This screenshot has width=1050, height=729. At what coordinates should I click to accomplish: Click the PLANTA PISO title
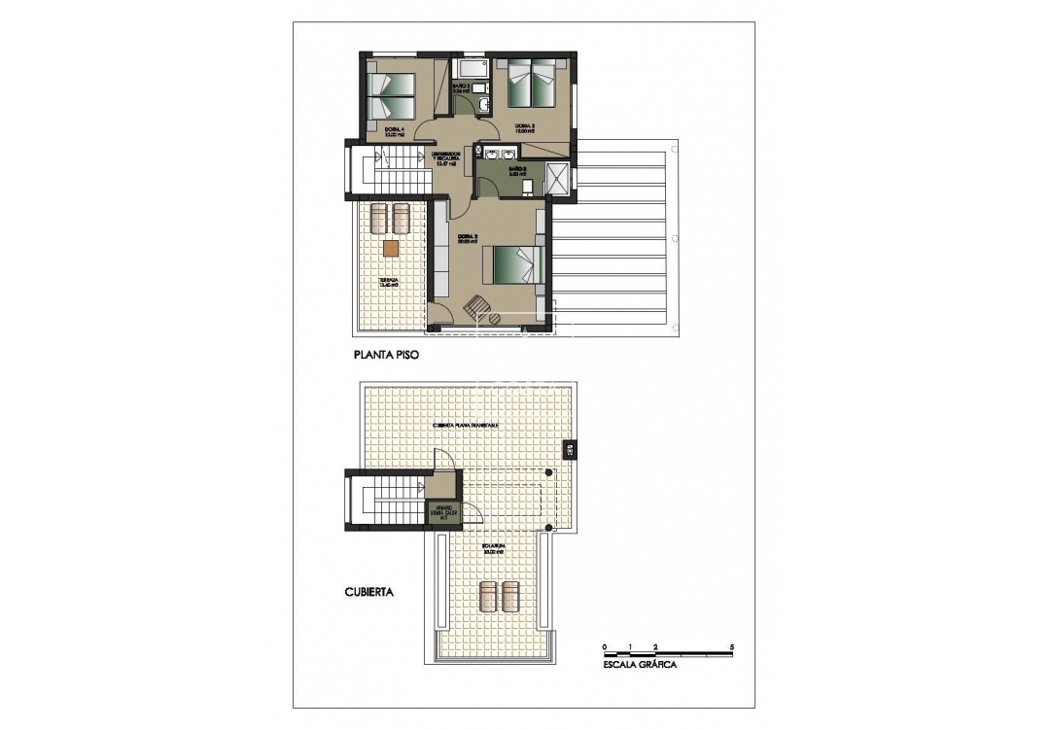[x=385, y=356]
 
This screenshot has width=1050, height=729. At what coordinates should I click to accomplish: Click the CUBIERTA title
[x=368, y=590]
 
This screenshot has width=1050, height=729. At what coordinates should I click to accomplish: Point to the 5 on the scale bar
[x=731, y=647]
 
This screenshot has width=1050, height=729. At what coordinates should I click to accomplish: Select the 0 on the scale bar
[x=604, y=647]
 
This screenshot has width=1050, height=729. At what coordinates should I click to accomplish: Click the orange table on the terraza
[x=391, y=248]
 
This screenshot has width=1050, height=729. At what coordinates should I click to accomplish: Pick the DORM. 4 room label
[x=395, y=131]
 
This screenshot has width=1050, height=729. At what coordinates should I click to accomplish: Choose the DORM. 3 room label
[x=525, y=126]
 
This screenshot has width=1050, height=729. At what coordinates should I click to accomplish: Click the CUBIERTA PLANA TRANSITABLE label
[x=466, y=426]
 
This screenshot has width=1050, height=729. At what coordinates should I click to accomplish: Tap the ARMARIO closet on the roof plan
[x=444, y=512]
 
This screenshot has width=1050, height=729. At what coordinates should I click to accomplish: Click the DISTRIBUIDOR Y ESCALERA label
[x=446, y=158]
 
